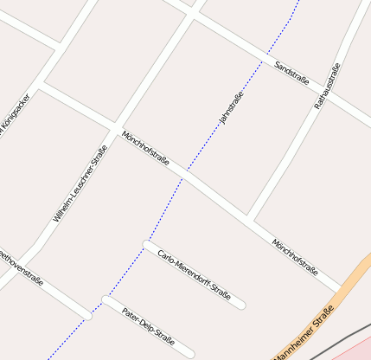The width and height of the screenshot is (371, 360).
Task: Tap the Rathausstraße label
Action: click(328, 86)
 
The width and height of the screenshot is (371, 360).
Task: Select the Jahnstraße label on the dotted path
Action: click(232, 108)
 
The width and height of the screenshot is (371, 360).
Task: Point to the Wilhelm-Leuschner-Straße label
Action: click(74, 183)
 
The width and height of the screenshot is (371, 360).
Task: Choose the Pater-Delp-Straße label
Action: click(149, 325)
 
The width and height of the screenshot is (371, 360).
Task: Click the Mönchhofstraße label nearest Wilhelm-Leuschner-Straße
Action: click(145, 149)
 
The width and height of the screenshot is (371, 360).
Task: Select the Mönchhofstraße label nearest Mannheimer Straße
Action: click(295, 256)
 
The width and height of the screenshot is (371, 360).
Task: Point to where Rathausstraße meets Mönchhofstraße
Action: click(249, 215)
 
